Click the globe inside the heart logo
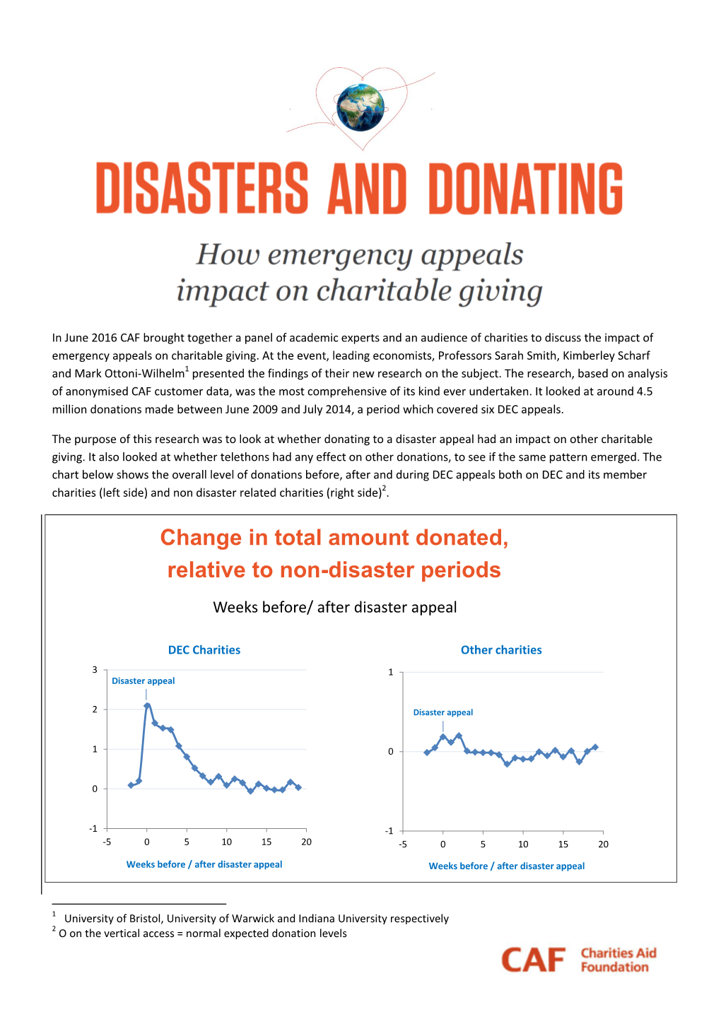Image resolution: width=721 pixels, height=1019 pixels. click(x=360, y=107)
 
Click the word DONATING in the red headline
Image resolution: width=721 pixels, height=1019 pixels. click(x=525, y=189)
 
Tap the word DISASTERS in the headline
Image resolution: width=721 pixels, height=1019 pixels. click(x=202, y=189)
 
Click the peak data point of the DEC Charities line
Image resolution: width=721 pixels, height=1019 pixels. click(x=147, y=705)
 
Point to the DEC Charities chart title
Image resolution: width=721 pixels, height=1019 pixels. click(x=204, y=650)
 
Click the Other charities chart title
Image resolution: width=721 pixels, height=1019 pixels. click(x=501, y=650)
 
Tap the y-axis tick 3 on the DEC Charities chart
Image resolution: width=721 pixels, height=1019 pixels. click(x=95, y=670)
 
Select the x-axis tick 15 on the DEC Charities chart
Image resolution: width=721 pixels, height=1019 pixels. click(x=266, y=842)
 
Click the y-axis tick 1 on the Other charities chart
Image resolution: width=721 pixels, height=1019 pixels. click(x=390, y=672)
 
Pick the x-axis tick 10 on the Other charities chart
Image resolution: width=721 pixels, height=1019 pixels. click(x=523, y=844)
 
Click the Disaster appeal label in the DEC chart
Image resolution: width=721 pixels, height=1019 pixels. click(x=143, y=681)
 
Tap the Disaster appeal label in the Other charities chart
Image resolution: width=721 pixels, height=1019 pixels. click(x=443, y=712)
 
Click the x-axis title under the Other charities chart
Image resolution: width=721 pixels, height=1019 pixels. click(x=507, y=866)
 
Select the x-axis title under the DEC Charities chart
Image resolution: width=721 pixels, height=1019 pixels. click(x=204, y=864)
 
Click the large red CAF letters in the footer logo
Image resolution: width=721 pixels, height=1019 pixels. click(x=534, y=960)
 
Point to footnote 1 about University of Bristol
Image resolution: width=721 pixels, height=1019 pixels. click(x=256, y=919)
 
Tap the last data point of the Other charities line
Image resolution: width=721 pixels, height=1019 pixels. click(x=595, y=747)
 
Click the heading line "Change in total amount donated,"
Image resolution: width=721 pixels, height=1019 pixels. click(x=334, y=538)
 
